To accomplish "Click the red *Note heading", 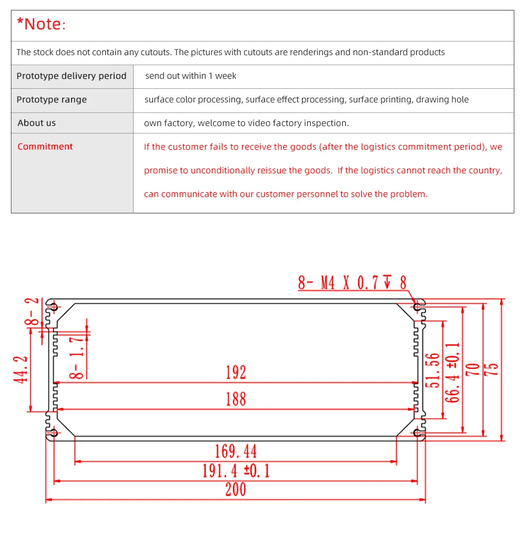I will (42, 24).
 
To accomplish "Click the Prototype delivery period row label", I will (72, 76).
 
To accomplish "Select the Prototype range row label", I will (52, 100).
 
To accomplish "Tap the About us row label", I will (36, 123).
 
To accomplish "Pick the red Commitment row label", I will (45, 147).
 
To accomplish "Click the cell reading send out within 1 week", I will (191, 76).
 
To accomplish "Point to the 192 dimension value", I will (236, 373).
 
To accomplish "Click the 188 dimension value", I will (236, 399).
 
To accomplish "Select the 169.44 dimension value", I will (236, 451).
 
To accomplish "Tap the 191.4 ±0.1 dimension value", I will (236, 470).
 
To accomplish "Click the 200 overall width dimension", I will (236, 490).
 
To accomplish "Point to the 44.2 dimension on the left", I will (22, 369).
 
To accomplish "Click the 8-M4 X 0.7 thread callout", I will (352, 283).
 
